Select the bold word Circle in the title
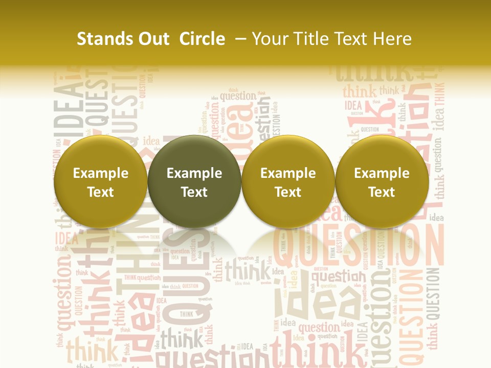click(x=202, y=39)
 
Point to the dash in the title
click(x=241, y=39)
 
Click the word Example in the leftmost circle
click(x=101, y=173)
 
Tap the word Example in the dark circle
click(x=194, y=173)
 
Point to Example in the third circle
click(x=288, y=173)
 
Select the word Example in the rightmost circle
click(x=382, y=173)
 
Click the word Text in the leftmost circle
click(x=101, y=192)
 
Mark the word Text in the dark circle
click(x=194, y=192)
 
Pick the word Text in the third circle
click(x=288, y=192)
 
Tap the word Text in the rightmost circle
click(x=382, y=192)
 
